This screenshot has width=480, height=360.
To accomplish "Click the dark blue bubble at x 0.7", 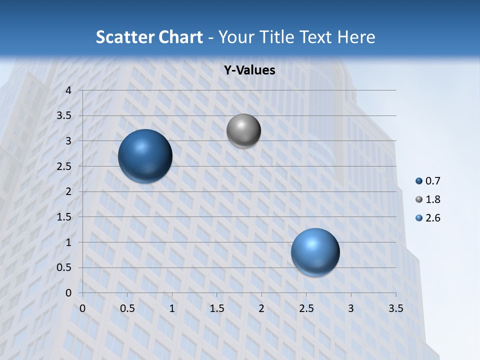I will click(x=145, y=156).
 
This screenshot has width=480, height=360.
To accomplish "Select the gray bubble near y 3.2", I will click(x=243, y=131).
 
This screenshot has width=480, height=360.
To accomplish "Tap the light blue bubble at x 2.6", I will click(x=315, y=252).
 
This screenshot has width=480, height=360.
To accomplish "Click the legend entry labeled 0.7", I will click(x=428, y=181).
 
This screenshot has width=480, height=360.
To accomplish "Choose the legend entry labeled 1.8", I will click(x=428, y=199).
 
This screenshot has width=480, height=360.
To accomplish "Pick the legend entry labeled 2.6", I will click(x=428, y=218).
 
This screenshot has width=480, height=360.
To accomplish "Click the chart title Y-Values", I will click(x=249, y=70).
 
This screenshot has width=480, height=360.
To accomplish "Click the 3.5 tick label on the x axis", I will click(x=396, y=308).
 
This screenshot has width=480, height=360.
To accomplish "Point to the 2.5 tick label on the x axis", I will click(x=306, y=308).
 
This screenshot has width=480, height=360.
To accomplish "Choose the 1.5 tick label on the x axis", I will click(x=217, y=308).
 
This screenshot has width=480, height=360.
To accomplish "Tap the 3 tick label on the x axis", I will click(x=351, y=308).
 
